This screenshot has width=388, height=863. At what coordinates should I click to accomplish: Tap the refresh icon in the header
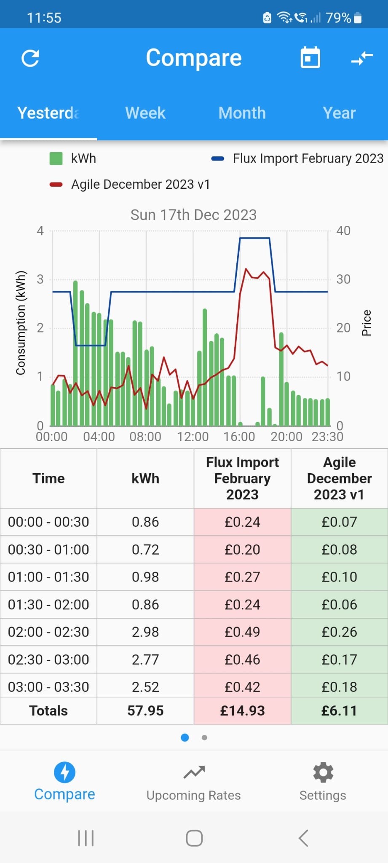pyautogui.click(x=30, y=58)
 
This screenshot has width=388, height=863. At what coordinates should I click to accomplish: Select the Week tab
pyautogui.click(x=145, y=113)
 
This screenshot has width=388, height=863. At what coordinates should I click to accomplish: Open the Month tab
pyautogui.click(x=242, y=113)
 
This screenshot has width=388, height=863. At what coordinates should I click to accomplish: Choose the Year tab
pyautogui.click(x=339, y=113)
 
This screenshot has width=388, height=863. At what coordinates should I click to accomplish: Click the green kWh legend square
pyautogui.click(x=56, y=158)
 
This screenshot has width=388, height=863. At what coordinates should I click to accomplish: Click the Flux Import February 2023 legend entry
pyautogui.click(x=297, y=158)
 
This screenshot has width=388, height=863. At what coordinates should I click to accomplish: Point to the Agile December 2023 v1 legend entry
pyautogui.click(x=130, y=184)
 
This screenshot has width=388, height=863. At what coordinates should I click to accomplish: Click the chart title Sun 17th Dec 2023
pyautogui.click(x=193, y=215)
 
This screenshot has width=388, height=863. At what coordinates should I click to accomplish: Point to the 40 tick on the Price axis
pyautogui.click(x=343, y=230)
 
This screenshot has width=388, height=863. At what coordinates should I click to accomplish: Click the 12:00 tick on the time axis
pyautogui.click(x=193, y=437)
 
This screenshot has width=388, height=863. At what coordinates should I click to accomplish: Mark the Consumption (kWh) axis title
pyautogui.click(x=21, y=323)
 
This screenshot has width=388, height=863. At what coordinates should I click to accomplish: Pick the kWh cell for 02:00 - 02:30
pyautogui.click(x=145, y=632)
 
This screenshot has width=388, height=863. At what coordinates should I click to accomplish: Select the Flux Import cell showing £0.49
pyautogui.click(x=242, y=632)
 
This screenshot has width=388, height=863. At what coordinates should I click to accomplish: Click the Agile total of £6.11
pyautogui.click(x=339, y=711)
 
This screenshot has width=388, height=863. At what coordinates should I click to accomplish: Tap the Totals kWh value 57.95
pyautogui.click(x=145, y=711)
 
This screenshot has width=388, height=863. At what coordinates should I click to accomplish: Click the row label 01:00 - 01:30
pyautogui.click(x=48, y=577)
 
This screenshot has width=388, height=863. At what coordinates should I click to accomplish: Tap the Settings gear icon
pyautogui.click(x=323, y=772)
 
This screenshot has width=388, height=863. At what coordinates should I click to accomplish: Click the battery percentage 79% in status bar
pyautogui.click(x=338, y=18)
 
